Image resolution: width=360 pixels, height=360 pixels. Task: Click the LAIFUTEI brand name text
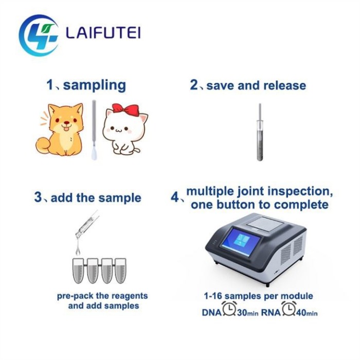103,33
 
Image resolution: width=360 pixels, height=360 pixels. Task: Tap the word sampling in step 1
94,85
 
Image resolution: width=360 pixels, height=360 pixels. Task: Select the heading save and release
256,85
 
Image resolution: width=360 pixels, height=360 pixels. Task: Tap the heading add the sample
96,197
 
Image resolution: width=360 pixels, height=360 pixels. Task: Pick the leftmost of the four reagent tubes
79,269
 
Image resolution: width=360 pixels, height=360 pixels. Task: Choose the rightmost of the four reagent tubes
120,269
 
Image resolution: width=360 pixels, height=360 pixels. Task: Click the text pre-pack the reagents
102,296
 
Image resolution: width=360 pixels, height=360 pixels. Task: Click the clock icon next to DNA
229,309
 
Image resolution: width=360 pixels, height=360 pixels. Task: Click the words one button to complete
259,205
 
